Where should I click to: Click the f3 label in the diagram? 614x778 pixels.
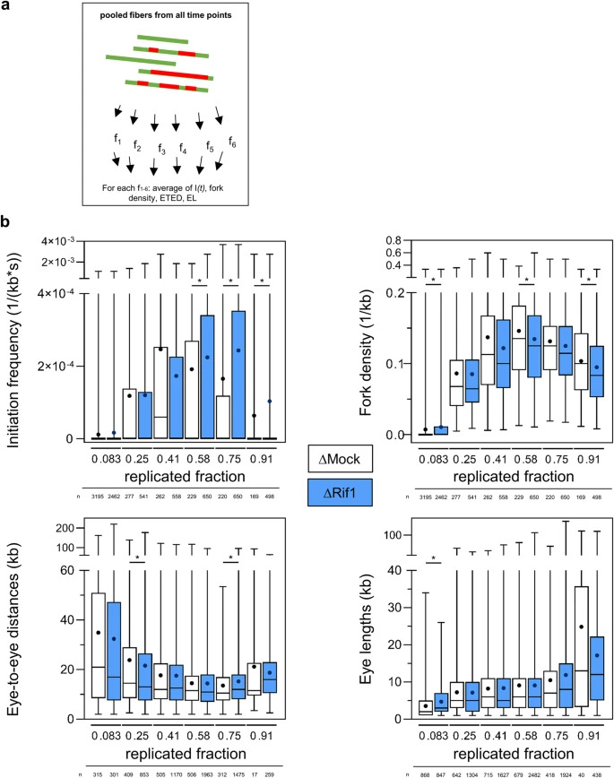pos(161,149)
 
